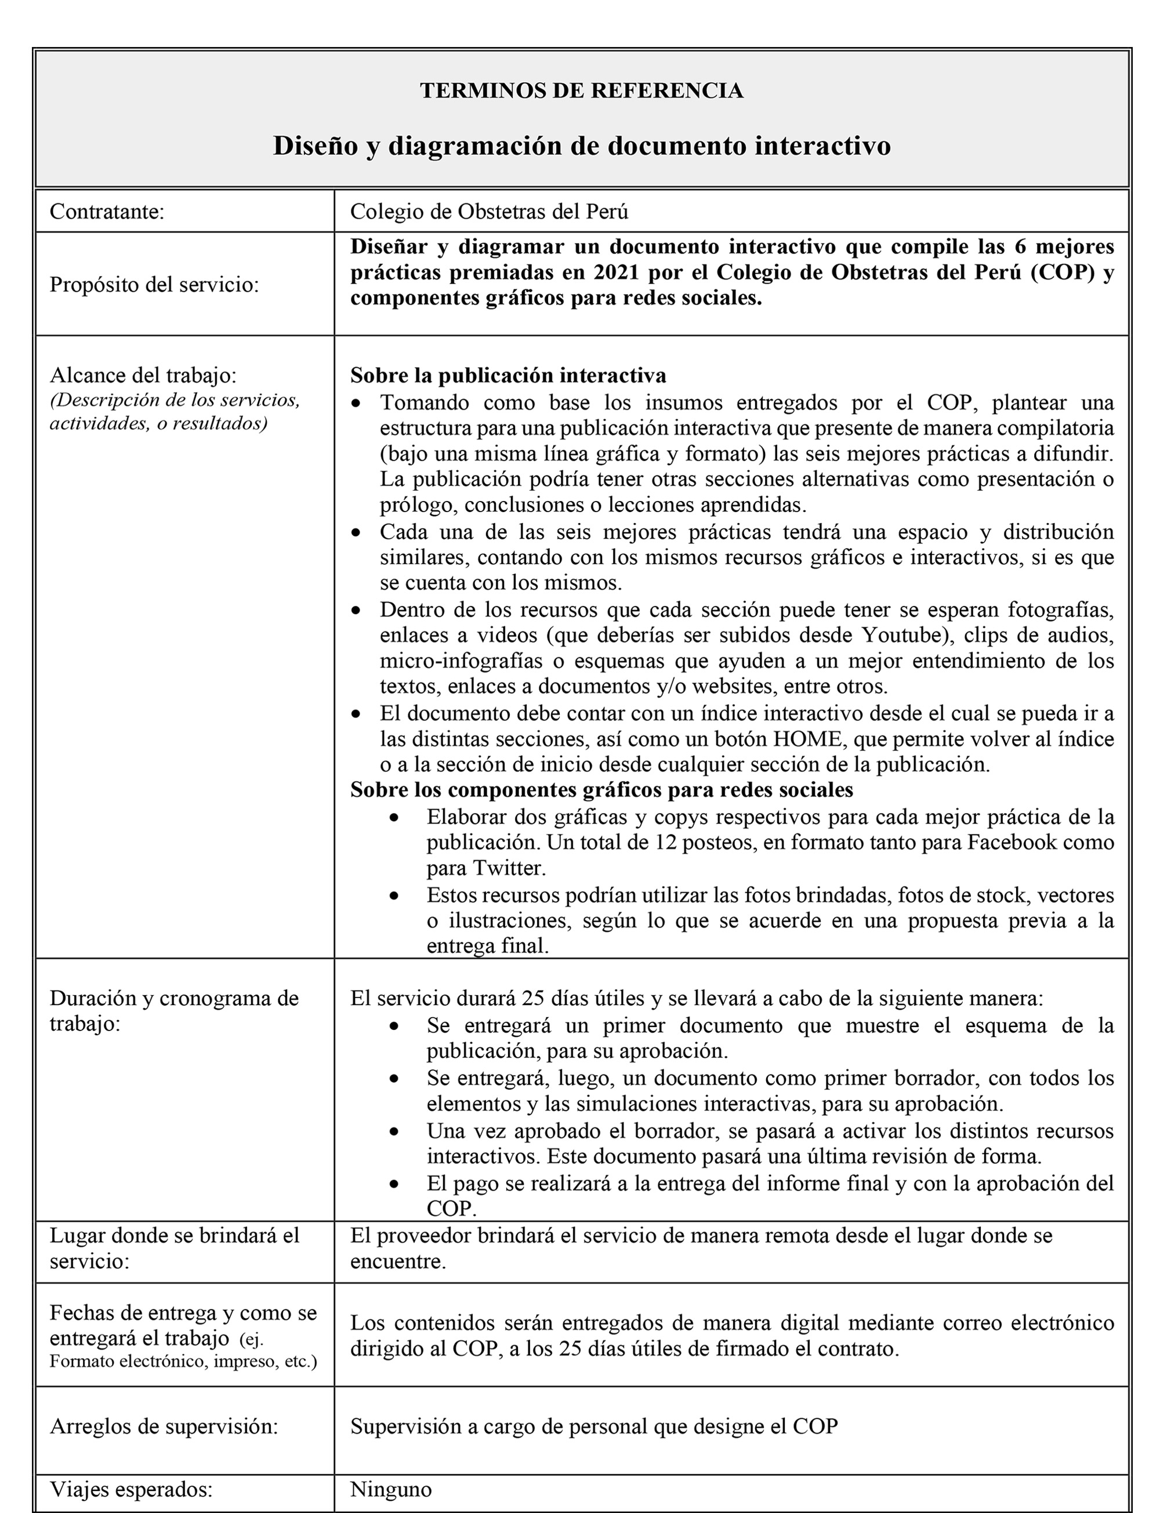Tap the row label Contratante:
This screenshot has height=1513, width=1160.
107,211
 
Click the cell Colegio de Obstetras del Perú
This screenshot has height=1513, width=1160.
489,211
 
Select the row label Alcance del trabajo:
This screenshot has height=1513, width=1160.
143,375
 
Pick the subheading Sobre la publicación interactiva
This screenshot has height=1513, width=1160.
508,375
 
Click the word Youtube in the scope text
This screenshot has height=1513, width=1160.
895,634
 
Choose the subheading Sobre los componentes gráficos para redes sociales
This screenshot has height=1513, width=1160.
601,790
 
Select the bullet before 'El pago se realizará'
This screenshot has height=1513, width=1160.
394,1184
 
